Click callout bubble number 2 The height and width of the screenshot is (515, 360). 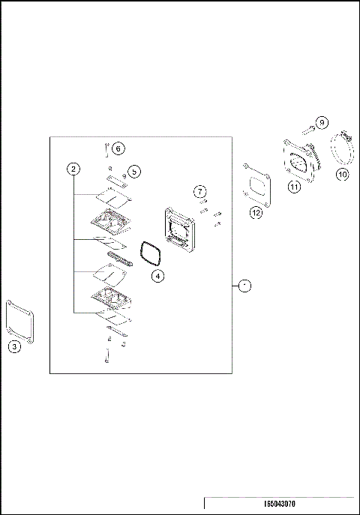(x=73, y=169)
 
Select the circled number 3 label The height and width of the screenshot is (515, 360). (x=15, y=346)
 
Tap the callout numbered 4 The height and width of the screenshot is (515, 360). (x=157, y=276)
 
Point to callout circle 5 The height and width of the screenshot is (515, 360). (x=133, y=172)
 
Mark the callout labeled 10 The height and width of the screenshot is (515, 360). (x=342, y=175)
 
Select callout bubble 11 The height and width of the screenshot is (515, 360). (x=295, y=187)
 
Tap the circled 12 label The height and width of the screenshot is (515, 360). (x=256, y=212)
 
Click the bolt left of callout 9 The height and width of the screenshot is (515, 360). (x=307, y=131)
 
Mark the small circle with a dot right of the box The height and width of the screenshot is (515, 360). (x=244, y=286)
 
